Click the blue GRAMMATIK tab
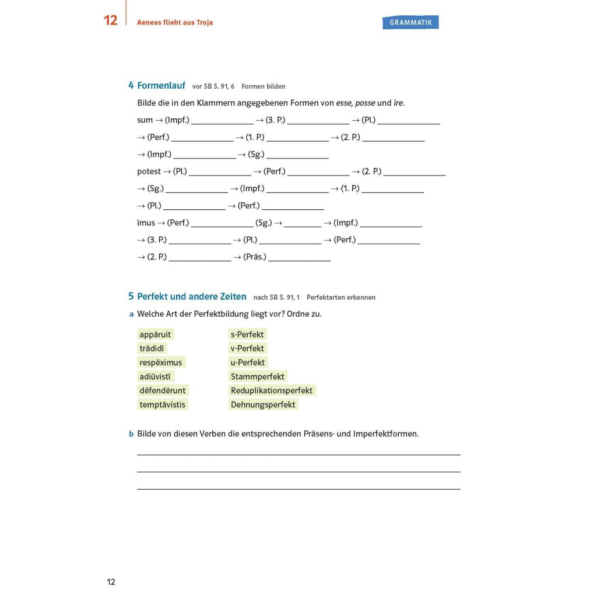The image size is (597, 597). point(410,22)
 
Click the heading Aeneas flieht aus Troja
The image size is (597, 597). point(175,23)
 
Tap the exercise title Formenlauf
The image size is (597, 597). point(161,86)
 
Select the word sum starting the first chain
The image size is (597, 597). point(145,120)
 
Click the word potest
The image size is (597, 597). point(149,171)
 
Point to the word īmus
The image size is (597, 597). point(146,223)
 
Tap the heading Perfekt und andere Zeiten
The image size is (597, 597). point(192,297)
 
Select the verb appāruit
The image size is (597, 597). point(155,335)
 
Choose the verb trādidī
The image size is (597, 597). point(152,349)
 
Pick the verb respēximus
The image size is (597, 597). point(160,363)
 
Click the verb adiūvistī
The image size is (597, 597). point(155,377)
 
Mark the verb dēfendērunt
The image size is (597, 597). point(163,391)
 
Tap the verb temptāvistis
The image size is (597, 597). point(162,405)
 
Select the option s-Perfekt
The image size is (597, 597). point(247,335)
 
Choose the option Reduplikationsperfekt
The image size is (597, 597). point(272,391)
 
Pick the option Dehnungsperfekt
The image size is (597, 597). point(263,405)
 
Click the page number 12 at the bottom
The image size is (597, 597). point(111,582)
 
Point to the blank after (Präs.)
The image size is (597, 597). point(299,257)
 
